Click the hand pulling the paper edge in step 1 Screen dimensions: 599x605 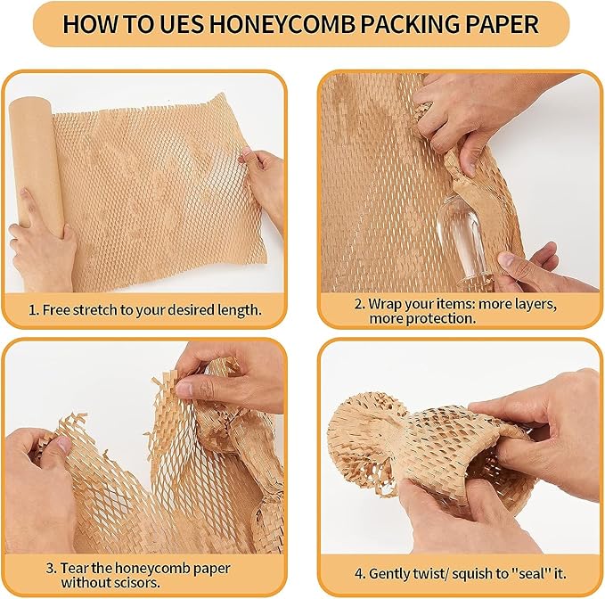pyautogui.click(x=262, y=183)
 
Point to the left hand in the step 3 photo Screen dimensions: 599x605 pyautogui.click(x=40, y=481)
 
